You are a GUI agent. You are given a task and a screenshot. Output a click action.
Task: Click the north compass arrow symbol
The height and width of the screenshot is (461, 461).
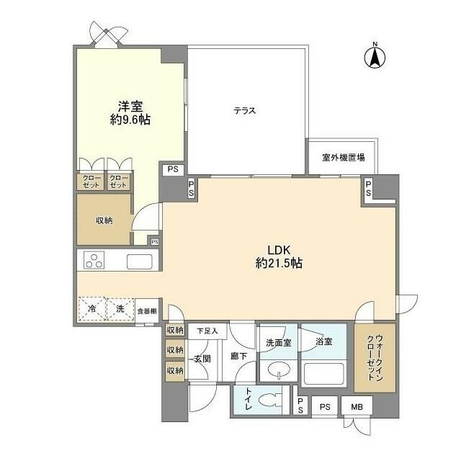pyautogui.click(x=375, y=57)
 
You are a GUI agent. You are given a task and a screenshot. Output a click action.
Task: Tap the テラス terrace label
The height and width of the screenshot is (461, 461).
pyautogui.click(x=245, y=111)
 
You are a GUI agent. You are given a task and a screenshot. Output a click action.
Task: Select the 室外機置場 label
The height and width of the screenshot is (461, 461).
pyautogui.click(x=343, y=157)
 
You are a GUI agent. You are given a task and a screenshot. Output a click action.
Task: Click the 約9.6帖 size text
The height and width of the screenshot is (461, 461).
pyautogui.click(x=130, y=120)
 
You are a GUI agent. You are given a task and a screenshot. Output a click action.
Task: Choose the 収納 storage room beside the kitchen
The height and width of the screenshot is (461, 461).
pyautogui.click(x=103, y=220)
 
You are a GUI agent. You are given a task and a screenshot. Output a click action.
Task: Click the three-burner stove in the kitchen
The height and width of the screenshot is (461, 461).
pyautogui.click(x=96, y=260)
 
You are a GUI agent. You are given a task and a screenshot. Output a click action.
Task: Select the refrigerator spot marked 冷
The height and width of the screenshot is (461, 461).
pyautogui.click(x=91, y=309)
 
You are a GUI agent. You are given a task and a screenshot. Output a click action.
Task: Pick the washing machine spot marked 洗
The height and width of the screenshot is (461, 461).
pyautogui.click(x=120, y=309)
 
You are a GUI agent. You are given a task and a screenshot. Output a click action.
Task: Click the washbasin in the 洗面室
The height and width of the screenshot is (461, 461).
pyautogui.click(x=276, y=373)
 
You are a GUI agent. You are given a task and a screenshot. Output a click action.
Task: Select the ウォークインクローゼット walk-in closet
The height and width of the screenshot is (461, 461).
pyautogui.click(x=375, y=358)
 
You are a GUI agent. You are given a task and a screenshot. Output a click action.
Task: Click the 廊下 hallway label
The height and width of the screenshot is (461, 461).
pyautogui.click(x=239, y=356)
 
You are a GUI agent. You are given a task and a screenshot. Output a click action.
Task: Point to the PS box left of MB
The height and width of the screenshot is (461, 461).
pyautogui.click(x=325, y=406)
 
